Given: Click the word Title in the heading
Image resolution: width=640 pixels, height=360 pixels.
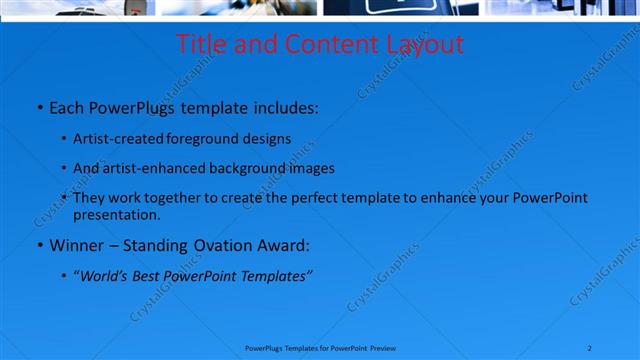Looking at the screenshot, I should point(200,45).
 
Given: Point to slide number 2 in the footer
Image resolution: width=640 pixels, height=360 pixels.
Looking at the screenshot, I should point(590,347).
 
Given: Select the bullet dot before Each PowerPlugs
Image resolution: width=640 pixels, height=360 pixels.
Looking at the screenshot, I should point(39,107).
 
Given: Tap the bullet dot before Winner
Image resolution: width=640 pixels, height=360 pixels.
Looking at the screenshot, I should point(39,245).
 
